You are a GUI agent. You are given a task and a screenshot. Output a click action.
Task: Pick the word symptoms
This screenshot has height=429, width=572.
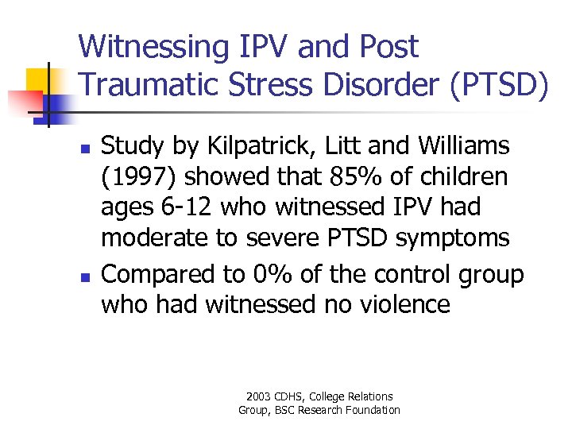click(465, 237)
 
